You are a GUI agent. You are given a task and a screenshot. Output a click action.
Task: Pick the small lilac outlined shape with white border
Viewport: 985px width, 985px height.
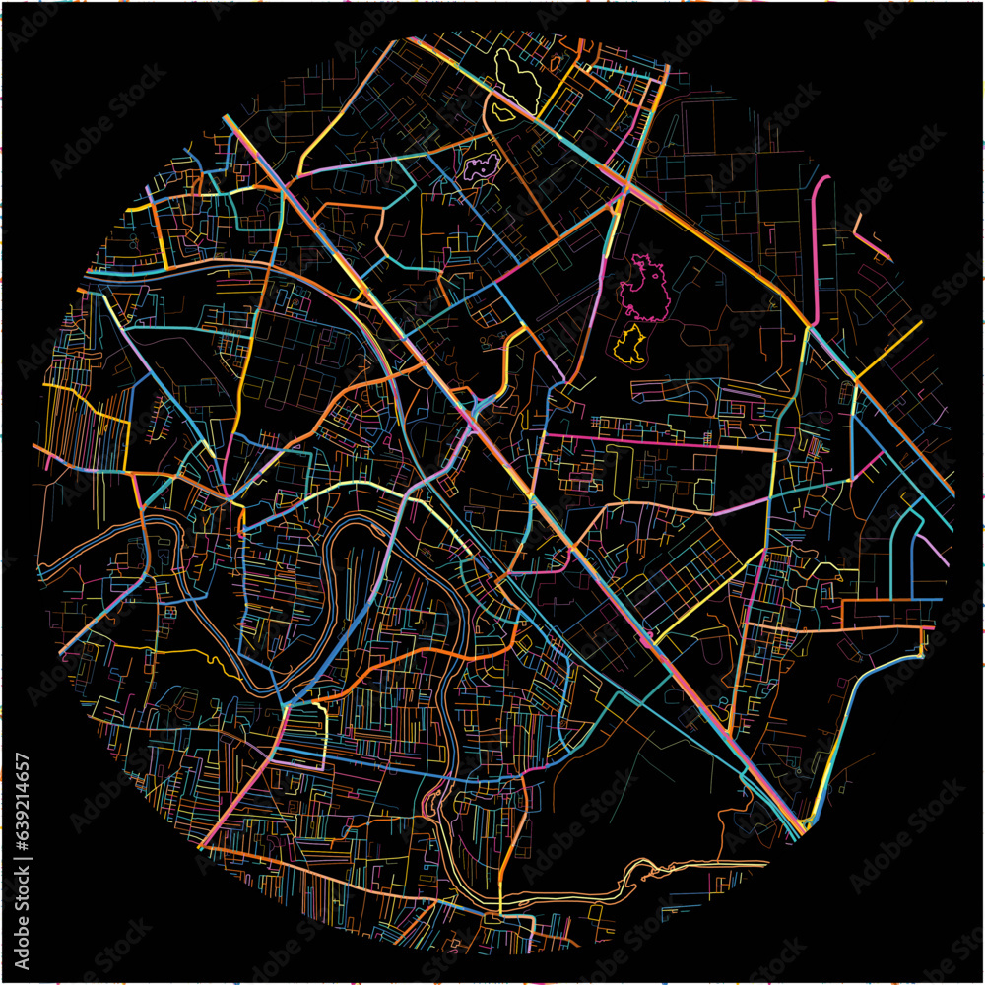(x=481, y=165)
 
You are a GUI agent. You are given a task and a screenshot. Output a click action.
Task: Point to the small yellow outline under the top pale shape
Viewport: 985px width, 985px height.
(x=501, y=113)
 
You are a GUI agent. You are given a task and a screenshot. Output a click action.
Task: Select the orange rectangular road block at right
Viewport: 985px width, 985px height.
(x=886, y=615)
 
